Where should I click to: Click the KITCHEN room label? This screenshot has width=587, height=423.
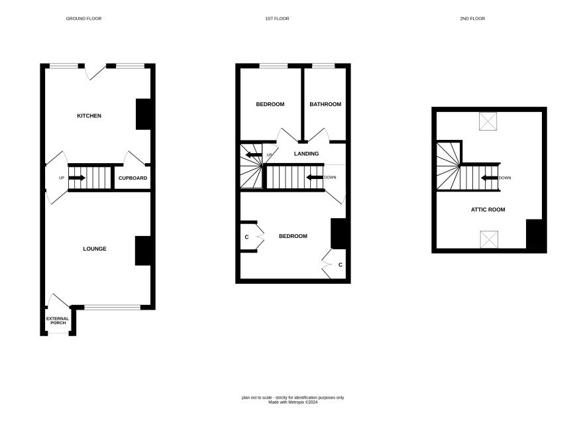click(89, 116)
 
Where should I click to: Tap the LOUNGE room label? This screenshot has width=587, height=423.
click(95, 249)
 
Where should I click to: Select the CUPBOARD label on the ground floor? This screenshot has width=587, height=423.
click(133, 178)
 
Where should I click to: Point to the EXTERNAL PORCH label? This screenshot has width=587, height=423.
click(58, 321)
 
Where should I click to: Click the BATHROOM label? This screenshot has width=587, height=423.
click(325, 104)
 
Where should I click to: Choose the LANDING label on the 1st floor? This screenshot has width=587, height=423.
click(306, 154)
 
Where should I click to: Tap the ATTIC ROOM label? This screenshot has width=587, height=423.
click(488, 210)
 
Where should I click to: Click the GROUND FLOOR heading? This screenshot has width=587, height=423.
click(84, 19)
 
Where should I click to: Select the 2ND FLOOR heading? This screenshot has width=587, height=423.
click(472, 19)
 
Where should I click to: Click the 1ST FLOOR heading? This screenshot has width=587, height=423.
click(277, 19)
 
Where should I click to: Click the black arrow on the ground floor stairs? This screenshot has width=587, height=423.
click(77, 178)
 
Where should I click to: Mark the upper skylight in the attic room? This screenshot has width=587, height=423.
click(488, 121)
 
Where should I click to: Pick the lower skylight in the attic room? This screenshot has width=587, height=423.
click(490, 239)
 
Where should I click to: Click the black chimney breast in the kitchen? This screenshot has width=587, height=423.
click(143, 114)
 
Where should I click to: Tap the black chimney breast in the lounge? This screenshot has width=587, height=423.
click(143, 251)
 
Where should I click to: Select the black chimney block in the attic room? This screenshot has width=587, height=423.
click(534, 234)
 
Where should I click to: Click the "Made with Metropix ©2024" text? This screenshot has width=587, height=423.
click(293, 402)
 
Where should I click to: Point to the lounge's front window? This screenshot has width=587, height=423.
click(113, 307)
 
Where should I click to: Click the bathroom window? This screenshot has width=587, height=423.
click(323, 66)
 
